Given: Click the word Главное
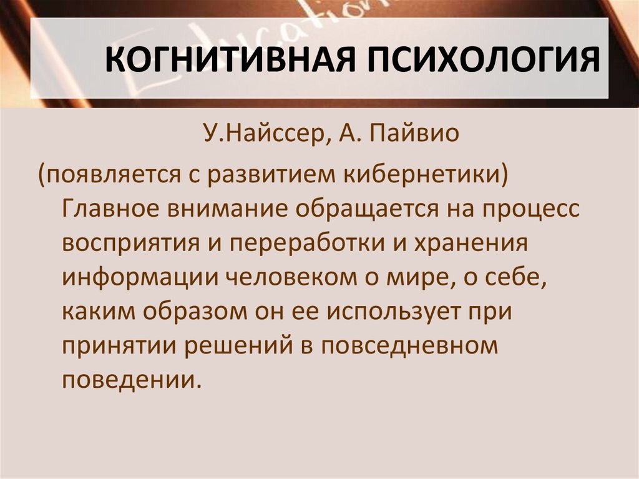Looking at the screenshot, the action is point(111,209).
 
